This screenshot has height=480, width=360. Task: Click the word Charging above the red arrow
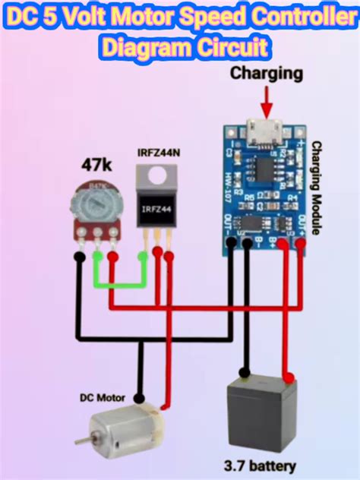pos(267,74)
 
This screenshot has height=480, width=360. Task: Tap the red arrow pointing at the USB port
pos(267,100)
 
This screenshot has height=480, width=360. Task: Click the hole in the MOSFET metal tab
pos(157,176)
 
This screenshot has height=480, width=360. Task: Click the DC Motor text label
pos(103,397)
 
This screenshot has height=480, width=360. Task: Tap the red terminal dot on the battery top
pos(288,377)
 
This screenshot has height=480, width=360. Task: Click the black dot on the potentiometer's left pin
pos(79,257)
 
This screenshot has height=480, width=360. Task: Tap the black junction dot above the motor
pos(140,397)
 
